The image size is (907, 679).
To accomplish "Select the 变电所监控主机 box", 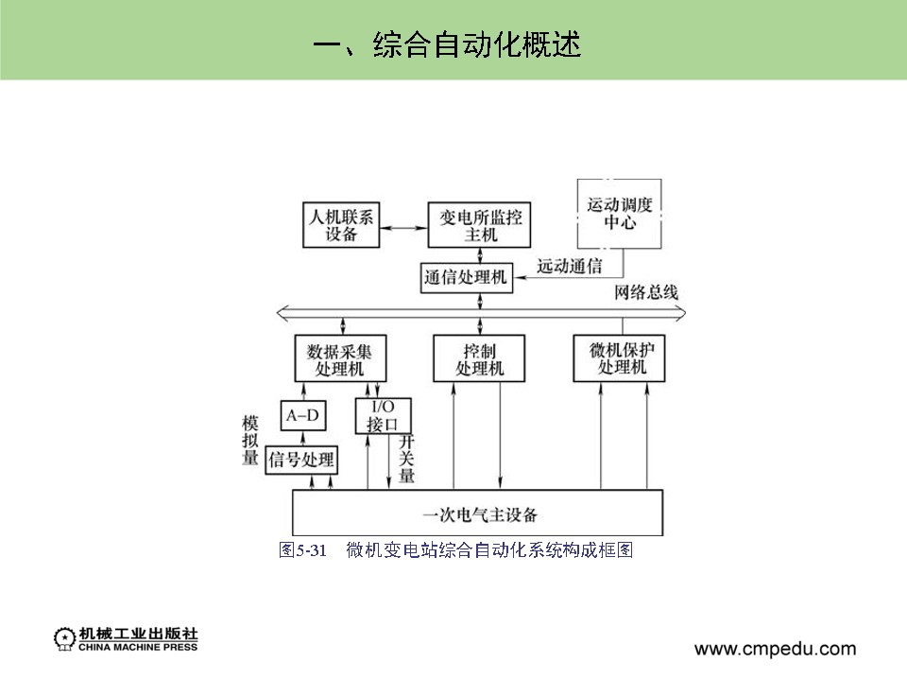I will tap(480, 225).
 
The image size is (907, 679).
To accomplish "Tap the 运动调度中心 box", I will tap(619, 214).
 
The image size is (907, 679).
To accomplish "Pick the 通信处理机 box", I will tap(466, 278).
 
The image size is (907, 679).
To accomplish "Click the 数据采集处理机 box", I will tap(339, 359).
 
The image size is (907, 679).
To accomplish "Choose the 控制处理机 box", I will tap(480, 359).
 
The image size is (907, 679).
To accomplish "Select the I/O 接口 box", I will tap(376, 415).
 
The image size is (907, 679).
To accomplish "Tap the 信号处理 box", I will tap(302, 460).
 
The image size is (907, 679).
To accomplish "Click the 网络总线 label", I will tap(646, 292).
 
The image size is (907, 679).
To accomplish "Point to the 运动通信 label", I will tap(569, 266).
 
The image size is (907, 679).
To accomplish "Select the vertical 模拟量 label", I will tap(250, 440).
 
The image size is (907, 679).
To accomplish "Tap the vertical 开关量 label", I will tap(406, 460).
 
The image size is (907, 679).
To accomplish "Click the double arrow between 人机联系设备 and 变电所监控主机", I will tap(402, 227).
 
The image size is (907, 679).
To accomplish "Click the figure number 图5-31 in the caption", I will tap(302, 550).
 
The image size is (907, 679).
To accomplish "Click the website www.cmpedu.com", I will tap(775, 649).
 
